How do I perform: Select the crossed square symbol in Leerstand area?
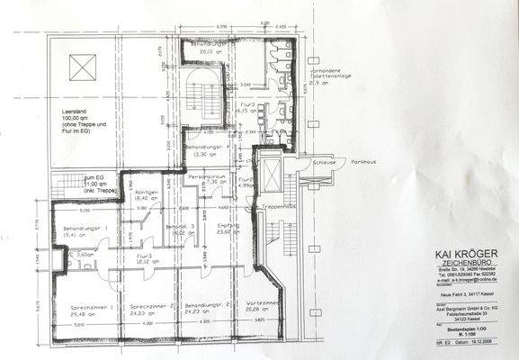pyautogui.click(x=85, y=66)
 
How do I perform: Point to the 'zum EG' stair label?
pyautogui.click(x=71, y=177)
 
